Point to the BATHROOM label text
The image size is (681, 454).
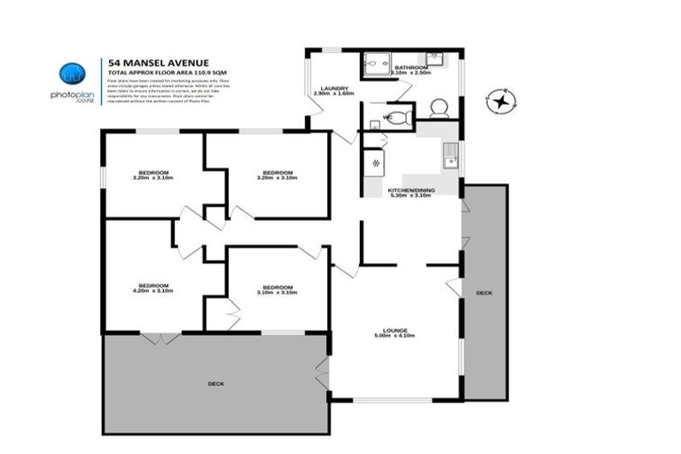[x=412, y=67]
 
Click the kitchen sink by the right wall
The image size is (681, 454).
[x=450, y=155]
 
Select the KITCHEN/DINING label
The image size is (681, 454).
[x=410, y=189]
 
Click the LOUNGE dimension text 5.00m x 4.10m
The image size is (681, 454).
[x=395, y=336]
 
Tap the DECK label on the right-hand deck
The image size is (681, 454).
[x=483, y=292]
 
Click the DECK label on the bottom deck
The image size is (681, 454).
[x=215, y=383]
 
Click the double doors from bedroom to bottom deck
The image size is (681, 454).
[x=160, y=338]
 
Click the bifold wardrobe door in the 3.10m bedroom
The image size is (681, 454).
[x=233, y=313]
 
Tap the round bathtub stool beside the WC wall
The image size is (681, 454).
[x=439, y=108]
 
